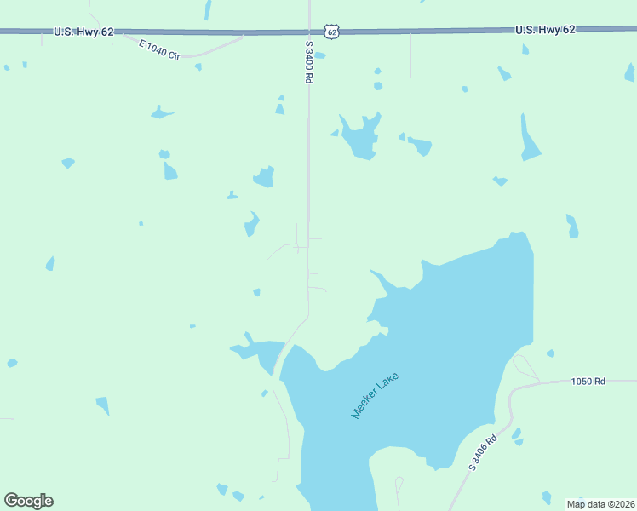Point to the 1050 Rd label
(588, 382)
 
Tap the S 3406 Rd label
(482, 452)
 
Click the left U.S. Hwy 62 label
(83, 32)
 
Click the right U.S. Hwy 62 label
(545, 29)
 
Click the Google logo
(28, 501)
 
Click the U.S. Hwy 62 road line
(213, 32)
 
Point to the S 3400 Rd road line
(308, 170)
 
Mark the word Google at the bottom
(28, 501)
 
